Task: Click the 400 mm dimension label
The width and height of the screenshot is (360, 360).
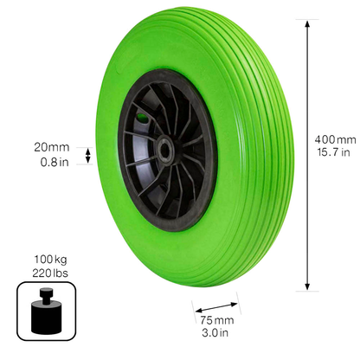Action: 336,139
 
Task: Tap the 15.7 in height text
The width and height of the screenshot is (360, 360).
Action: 336,152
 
